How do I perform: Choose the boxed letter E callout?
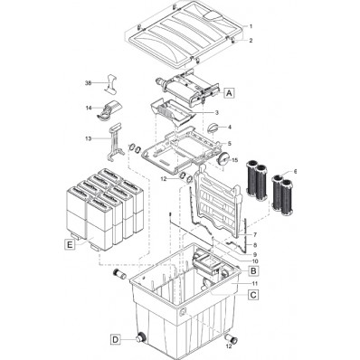coord(71,243)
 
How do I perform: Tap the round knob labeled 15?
coord(219,159)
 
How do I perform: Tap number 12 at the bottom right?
coord(228,346)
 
